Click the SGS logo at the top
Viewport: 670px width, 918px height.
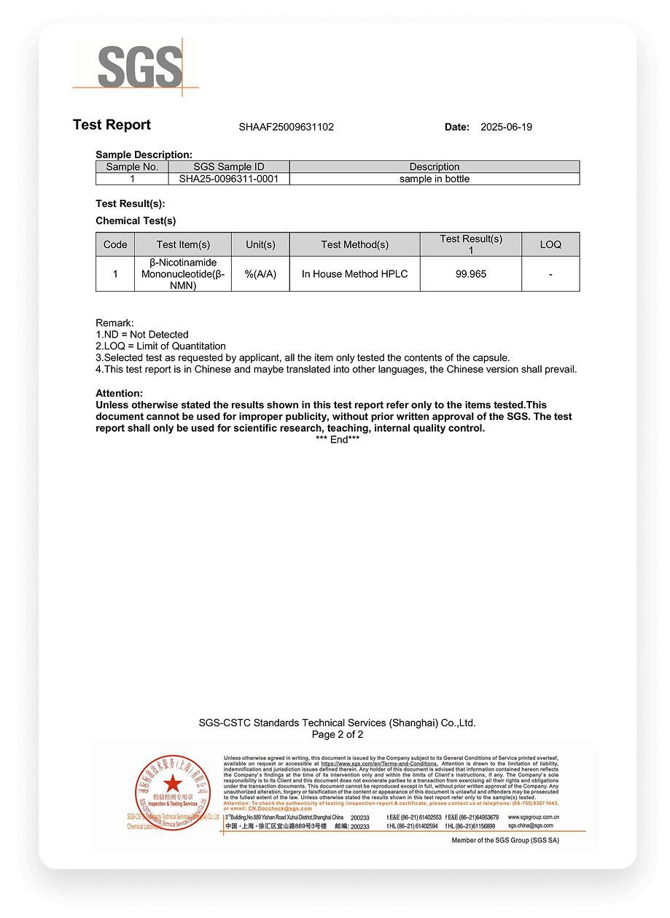pos(139,67)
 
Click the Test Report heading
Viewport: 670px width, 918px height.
pos(112,125)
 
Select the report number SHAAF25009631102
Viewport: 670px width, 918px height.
pos(286,127)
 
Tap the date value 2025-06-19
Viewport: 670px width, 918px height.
pos(506,127)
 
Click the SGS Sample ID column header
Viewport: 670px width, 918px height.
pos(229,167)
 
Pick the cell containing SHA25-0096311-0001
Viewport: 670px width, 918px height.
pos(229,179)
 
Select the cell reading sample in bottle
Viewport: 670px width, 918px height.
pos(435,179)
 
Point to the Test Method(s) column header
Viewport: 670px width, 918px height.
pos(354,244)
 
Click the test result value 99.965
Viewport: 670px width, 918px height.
pos(470,274)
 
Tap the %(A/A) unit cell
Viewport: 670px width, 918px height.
pos(260,274)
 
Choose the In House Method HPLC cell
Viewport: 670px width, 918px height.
pos(354,274)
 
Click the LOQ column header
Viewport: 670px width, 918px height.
pos(550,244)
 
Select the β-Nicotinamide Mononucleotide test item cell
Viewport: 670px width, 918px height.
pos(183,274)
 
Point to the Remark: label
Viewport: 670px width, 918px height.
pos(114,322)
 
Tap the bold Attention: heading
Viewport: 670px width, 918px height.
pos(119,393)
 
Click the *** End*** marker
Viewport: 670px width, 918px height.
pos(338,440)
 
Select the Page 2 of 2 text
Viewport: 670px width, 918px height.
pos(337,734)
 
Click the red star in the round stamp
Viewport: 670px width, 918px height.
pos(173,784)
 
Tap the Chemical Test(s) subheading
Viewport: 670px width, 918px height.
pos(136,221)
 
